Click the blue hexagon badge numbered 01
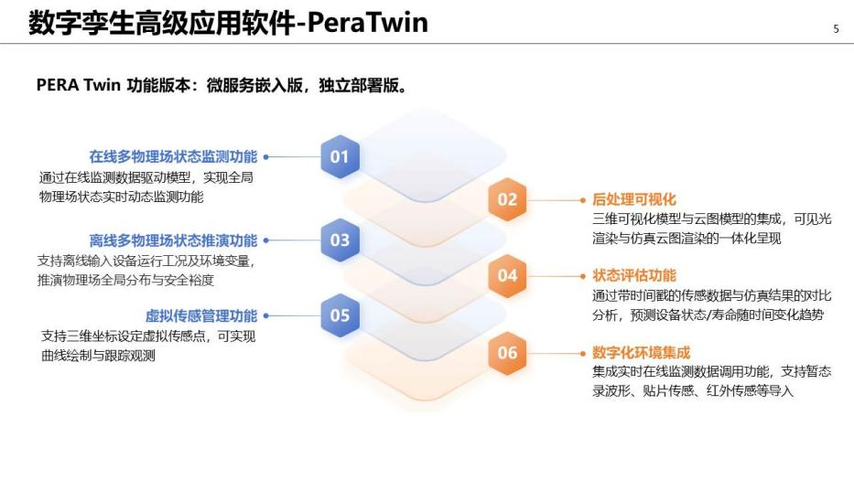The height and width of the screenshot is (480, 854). coord(340,156)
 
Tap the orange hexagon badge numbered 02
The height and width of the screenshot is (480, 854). coord(507,199)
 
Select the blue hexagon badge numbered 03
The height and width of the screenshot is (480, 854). coord(340,240)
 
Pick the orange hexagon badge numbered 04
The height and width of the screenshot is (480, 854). coord(507,275)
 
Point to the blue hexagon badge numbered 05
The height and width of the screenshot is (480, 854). coord(340,315)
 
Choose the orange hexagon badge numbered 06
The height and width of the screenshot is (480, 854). coord(507,352)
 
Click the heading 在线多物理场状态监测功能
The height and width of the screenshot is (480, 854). coord(173,155)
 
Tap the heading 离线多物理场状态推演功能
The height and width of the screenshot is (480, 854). coord(173,240)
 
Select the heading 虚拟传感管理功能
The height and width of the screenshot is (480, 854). coord(201,316)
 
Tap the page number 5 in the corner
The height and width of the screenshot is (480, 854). coord(835,28)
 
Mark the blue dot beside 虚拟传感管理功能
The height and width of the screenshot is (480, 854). coord(265,316)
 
